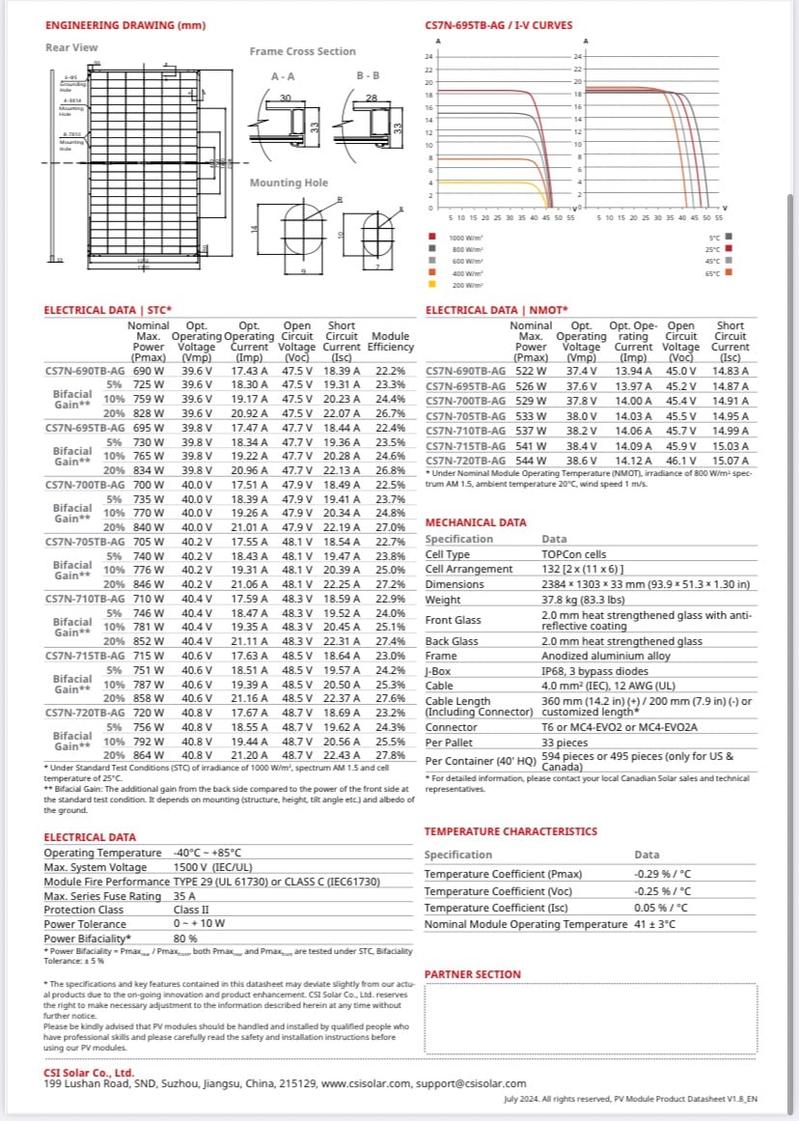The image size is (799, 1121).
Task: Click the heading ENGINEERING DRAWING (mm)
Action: (111, 25)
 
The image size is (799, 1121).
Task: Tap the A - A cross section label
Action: (283, 75)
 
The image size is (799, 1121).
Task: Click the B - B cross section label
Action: (368, 75)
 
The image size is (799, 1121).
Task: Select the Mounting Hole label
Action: (289, 182)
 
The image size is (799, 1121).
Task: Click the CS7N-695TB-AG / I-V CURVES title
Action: (498, 25)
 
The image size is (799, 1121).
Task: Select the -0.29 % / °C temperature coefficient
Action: (662, 874)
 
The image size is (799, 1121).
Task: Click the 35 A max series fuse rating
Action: (184, 896)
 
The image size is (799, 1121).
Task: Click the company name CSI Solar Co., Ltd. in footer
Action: (89, 1073)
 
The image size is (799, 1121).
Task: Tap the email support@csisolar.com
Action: (471, 1084)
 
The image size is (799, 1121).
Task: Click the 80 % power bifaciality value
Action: (185, 938)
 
